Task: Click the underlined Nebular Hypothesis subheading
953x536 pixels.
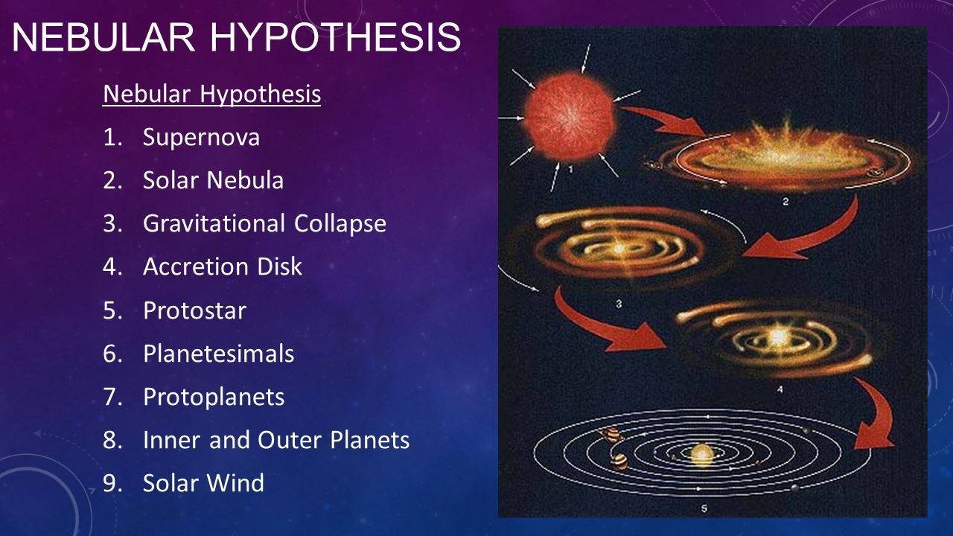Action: click(211, 95)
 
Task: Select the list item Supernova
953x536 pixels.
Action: click(201, 138)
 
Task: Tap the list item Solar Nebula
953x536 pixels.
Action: click(213, 181)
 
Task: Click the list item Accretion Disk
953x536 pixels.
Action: click(222, 267)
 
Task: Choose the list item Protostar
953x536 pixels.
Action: click(194, 310)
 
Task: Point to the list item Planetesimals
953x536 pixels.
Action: click(218, 353)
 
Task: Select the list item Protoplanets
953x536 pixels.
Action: click(214, 396)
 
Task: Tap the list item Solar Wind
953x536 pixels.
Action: click(203, 483)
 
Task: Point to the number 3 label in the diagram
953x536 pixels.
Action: click(619, 303)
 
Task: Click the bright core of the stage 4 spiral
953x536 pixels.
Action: click(778, 336)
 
